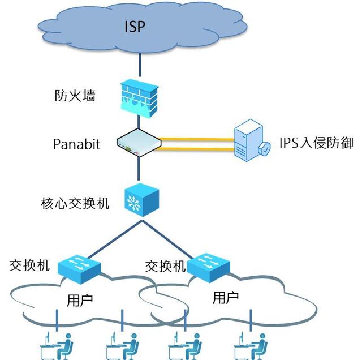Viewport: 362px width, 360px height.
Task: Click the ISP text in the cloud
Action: [135, 27]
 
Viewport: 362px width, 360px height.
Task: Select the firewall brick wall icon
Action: [140, 98]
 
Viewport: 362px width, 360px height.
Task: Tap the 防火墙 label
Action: [75, 95]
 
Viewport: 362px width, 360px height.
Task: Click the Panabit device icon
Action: [139, 143]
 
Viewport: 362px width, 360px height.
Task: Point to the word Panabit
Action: [77, 144]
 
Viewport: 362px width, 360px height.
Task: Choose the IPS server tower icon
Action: [249, 140]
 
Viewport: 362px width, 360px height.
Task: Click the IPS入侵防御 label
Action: [316, 143]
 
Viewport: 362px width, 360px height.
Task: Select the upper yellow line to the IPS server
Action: [196, 139]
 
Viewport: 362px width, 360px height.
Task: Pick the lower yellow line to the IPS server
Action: [195, 149]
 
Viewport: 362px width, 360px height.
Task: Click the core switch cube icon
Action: [142, 200]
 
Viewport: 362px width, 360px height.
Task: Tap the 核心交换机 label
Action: [75, 203]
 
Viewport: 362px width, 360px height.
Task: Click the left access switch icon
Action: [79, 269]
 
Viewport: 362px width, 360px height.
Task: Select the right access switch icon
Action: [208, 268]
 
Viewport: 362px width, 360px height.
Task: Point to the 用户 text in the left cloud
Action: [80, 300]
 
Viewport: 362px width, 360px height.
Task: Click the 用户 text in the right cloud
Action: [226, 298]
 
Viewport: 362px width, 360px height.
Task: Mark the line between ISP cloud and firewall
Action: [140, 65]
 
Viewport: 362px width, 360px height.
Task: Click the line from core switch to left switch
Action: [115, 239]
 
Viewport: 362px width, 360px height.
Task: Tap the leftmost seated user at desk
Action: [57, 345]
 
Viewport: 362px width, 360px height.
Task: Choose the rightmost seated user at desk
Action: [251, 345]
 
